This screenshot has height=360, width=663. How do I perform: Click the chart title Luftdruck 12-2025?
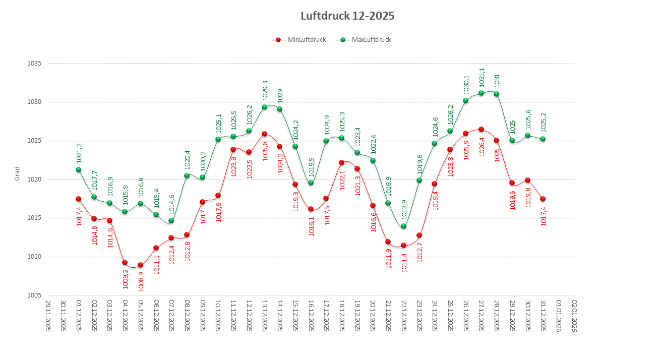click(347, 16)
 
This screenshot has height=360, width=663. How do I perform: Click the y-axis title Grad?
click(17, 174)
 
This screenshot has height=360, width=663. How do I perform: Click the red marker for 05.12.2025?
click(140, 265)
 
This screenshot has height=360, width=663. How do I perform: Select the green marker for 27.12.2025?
click(481, 93)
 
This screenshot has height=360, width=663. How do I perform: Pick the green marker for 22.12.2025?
click(403, 226)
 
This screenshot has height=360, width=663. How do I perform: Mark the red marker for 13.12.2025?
click(264, 134)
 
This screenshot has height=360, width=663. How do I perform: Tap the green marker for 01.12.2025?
click(78, 169)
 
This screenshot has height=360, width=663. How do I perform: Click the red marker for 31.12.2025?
click(543, 199)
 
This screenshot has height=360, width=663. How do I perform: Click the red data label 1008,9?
click(141, 281)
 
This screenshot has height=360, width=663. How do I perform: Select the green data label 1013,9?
click(404, 210)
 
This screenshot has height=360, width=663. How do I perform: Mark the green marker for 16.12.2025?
click(311, 183)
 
